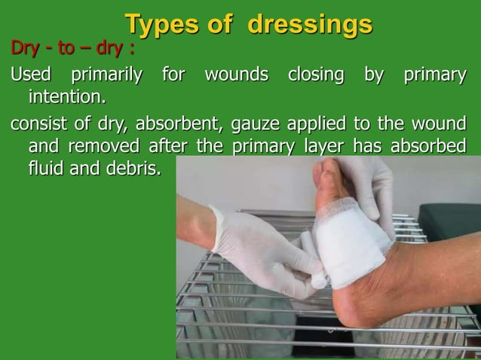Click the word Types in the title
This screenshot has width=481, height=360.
[x=158, y=24]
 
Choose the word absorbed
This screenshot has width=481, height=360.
[x=429, y=145]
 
